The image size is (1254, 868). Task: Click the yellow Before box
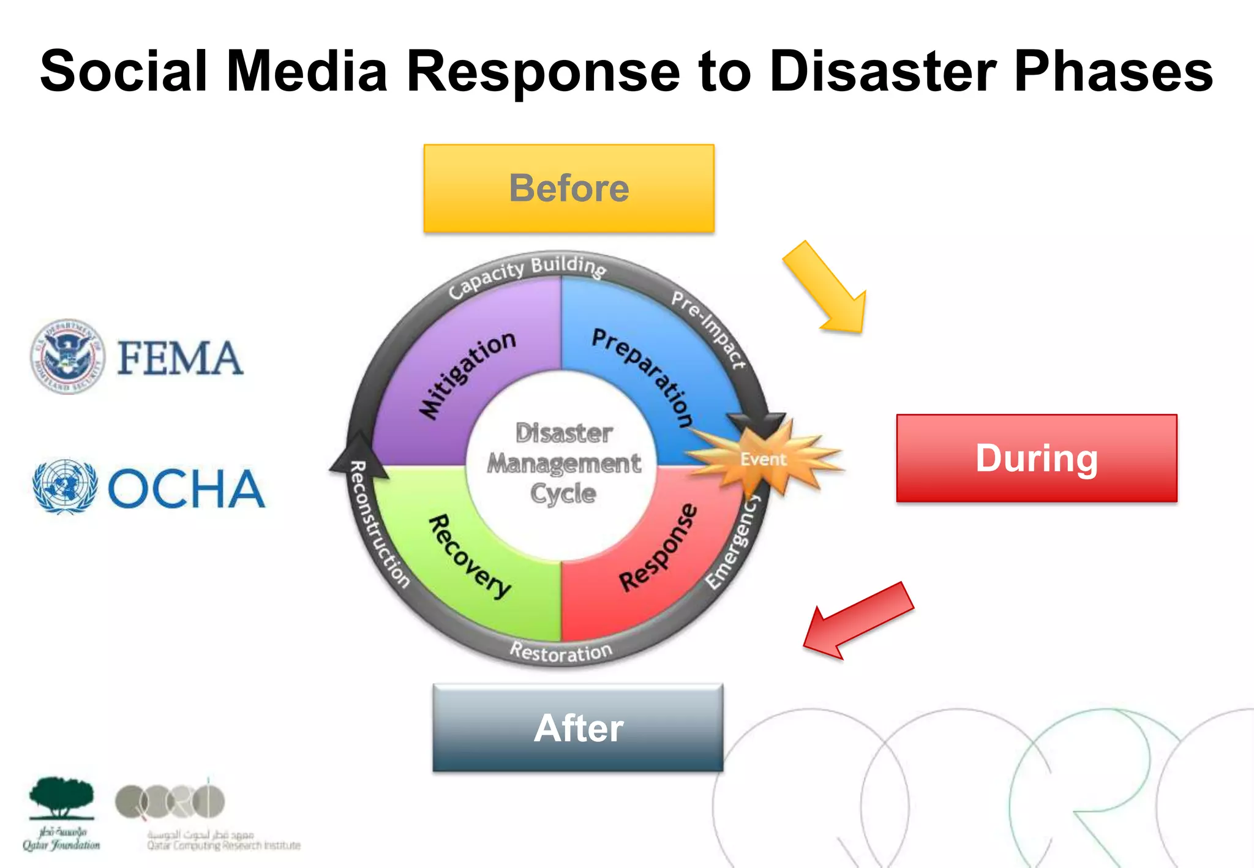[569, 188]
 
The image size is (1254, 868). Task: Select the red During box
[1036, 458]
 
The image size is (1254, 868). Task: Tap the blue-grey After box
[577, 727]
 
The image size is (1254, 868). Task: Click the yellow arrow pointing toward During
[829, 290]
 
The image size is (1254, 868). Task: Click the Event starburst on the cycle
[763, 458]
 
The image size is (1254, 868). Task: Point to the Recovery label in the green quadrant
[469, 556]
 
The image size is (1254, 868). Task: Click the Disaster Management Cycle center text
[563, 463]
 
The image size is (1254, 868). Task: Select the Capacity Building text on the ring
[527, 274]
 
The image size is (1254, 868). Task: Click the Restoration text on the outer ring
[561, 653]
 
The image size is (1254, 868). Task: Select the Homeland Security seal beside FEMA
[67, 356]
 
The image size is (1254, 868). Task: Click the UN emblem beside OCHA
[65, 487]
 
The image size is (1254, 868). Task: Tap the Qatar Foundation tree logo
[61, 799]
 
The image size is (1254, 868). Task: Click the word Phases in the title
[1113, 72]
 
